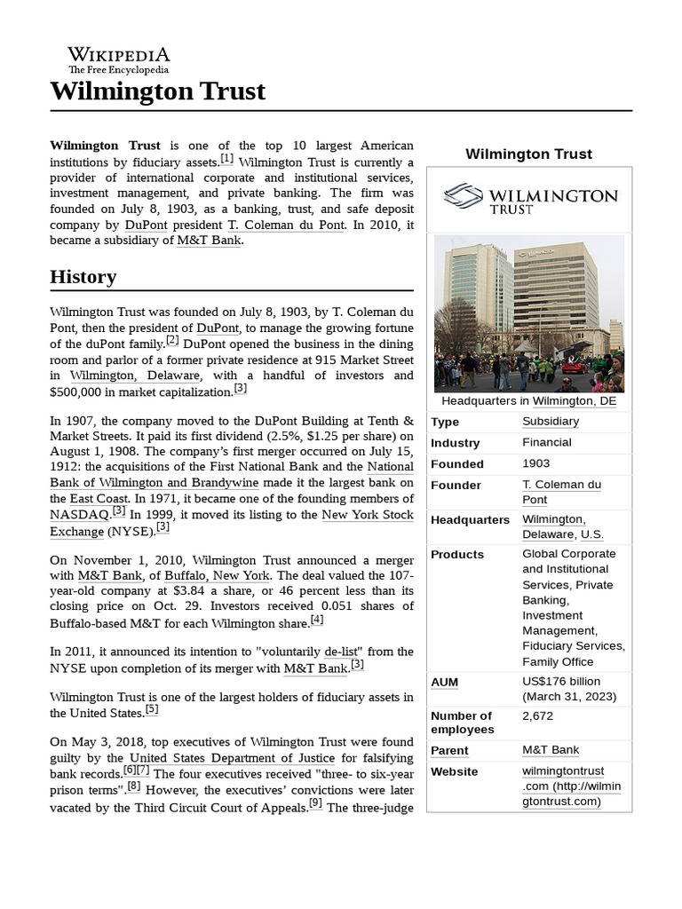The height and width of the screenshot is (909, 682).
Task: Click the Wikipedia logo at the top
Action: coord(119,59)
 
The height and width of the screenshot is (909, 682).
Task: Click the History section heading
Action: coord(83,276)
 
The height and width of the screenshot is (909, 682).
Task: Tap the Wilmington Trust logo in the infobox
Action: coord(530,199)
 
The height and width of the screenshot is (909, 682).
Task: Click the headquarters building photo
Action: coord(529,312)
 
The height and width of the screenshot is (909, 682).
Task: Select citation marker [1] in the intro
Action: coord(227,159)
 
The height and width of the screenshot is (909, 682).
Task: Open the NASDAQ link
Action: coord(80,514)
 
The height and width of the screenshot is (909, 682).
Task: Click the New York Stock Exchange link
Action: coord(368,514)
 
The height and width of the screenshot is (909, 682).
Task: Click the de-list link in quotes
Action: coord(332,652)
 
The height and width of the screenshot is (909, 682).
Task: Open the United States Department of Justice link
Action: coord(232,758)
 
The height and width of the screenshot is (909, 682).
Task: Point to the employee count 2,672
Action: coord(538,715)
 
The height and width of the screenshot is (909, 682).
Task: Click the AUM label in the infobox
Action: coord(445,682)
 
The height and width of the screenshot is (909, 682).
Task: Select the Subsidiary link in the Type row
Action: coord(551,421)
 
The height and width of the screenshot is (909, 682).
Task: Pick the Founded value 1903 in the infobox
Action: coord(536,463)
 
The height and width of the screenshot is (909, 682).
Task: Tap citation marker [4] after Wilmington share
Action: coord(317,619)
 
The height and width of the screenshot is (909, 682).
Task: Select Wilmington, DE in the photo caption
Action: coord(575,401)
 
